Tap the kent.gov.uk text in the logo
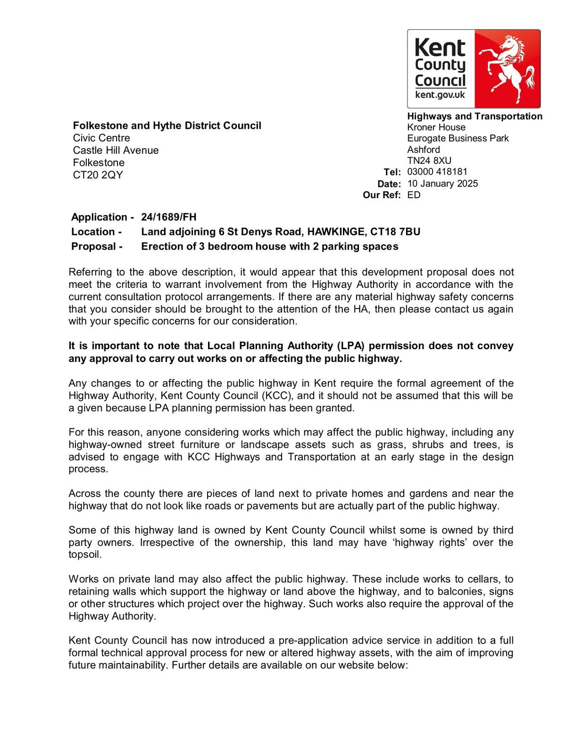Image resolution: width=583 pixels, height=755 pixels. tap(440, 95)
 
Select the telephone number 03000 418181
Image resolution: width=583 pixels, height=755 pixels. tap(437, 172)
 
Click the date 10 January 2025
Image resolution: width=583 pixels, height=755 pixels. tap(442, 184)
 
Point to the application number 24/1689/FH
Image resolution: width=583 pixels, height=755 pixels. tap(168, 217)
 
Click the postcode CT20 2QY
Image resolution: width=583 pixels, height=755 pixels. tap(98, 175)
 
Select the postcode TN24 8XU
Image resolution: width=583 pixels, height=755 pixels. tap(429, 160)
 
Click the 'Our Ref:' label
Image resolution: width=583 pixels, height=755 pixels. tap(382, 195)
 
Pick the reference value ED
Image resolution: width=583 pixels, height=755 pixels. tap(414, 195)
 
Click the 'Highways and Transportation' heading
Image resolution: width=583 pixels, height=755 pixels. tap(475, 117)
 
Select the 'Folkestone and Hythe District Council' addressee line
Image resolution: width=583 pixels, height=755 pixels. tap(167, 126)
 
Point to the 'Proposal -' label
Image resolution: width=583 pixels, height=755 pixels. tap(97, 246)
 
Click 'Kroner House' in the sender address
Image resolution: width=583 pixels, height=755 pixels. tap(436, 127)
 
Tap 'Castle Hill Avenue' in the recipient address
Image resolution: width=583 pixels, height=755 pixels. tap(116, 151)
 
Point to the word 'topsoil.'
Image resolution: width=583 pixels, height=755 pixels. tap(85, 555)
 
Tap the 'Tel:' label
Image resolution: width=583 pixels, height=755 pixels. tap(392, 172)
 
